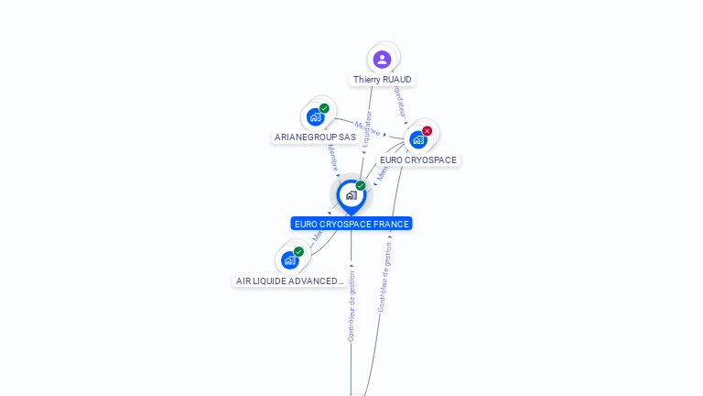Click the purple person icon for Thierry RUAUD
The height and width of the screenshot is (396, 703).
[x=383, y=60]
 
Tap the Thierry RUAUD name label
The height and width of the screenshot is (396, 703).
[x=383, y=80]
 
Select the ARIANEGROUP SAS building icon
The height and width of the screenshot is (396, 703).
[x=316, y=117]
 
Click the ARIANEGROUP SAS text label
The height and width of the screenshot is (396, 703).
[x=315, y=137]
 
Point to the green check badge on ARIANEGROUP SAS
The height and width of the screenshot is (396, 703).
[x=324, y=108]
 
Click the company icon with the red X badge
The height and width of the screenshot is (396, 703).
[x=418, y=139]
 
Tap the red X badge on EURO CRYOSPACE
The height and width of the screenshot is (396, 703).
[x=427, y=131]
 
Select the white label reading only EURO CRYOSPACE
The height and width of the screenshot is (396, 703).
[x=418, y=160]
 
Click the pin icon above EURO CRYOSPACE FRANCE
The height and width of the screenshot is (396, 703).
[x=351, y=195]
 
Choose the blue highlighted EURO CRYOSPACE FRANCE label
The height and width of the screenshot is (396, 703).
[x=351, y=224]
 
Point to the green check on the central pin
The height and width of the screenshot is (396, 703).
[x=361, y=186]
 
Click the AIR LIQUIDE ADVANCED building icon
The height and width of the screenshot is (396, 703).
[x=290, y=260]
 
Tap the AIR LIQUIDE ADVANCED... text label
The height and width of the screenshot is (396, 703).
[x=289, y=281]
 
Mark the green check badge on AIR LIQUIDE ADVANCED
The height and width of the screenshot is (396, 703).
[x=298, y=251]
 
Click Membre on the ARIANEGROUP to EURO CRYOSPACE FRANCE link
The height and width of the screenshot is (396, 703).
[x=332, y=159]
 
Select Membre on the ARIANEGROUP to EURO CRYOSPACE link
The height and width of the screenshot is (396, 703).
[x=366, y=128]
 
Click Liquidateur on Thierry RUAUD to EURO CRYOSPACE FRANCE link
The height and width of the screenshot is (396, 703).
[x=368, y=129]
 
